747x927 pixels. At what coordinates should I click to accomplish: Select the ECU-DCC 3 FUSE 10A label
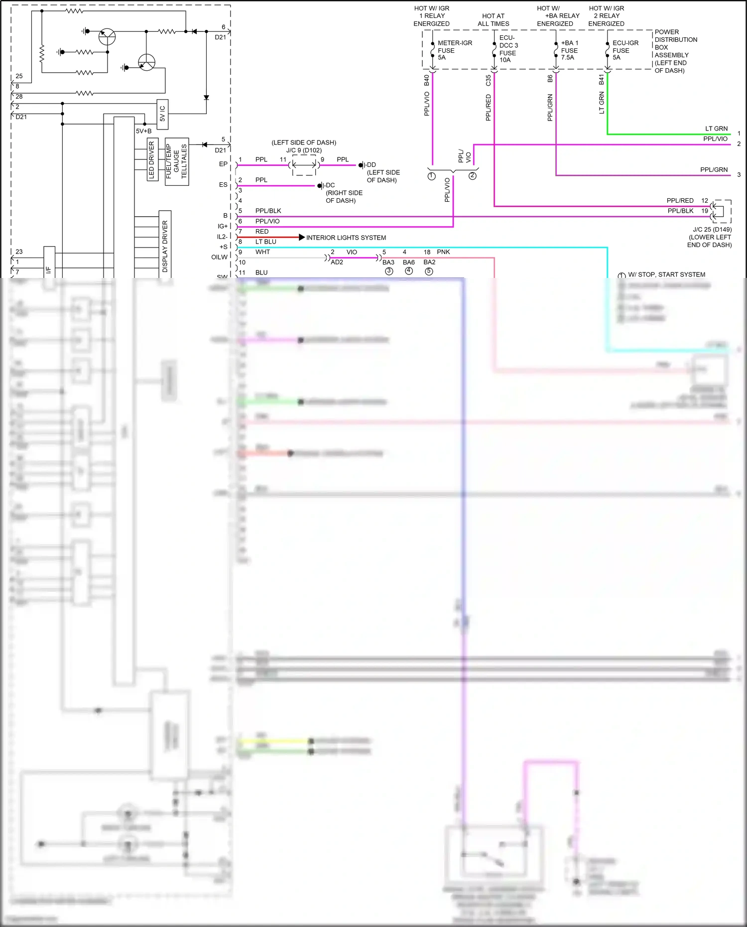(508, 49)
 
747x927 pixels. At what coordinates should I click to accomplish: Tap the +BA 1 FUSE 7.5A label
(569, 50)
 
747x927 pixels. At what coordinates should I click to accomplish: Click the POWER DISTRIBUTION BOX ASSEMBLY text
(675, 51)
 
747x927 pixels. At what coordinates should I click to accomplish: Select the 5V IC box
(162, 114)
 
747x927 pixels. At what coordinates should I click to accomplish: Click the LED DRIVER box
(152, 159)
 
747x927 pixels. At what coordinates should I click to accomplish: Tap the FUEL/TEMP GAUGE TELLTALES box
(176, 161)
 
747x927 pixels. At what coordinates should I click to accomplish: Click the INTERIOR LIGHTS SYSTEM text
(346, 238)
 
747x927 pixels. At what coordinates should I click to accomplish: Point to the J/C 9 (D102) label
(304, 150)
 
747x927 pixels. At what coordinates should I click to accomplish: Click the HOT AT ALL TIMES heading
(493, 20)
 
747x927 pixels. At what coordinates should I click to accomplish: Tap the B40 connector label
(427, 80)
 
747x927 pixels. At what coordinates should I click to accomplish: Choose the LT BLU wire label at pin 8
(265, 242)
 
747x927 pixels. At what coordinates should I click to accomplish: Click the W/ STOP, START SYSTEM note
(666, 274)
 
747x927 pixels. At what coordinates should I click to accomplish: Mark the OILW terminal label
(219, 257)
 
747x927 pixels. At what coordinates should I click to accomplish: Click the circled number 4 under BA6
(409, 271)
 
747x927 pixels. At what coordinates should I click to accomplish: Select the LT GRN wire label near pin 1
(716, 129)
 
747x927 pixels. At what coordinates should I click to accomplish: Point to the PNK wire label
(443, 252)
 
